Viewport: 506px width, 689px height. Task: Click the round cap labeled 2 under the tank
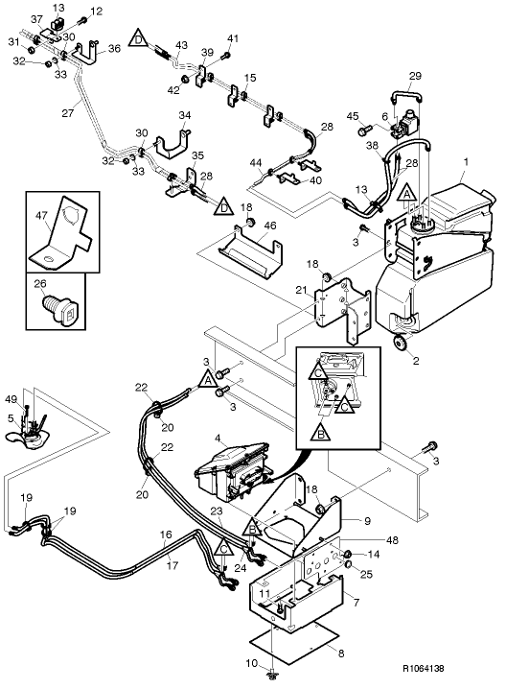402,344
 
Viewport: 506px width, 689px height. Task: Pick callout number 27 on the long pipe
68,113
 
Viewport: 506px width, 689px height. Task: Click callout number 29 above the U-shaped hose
415,75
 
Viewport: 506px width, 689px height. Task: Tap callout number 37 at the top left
35,20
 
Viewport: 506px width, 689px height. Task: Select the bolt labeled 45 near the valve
363,130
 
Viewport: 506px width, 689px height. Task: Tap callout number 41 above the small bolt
230,38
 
